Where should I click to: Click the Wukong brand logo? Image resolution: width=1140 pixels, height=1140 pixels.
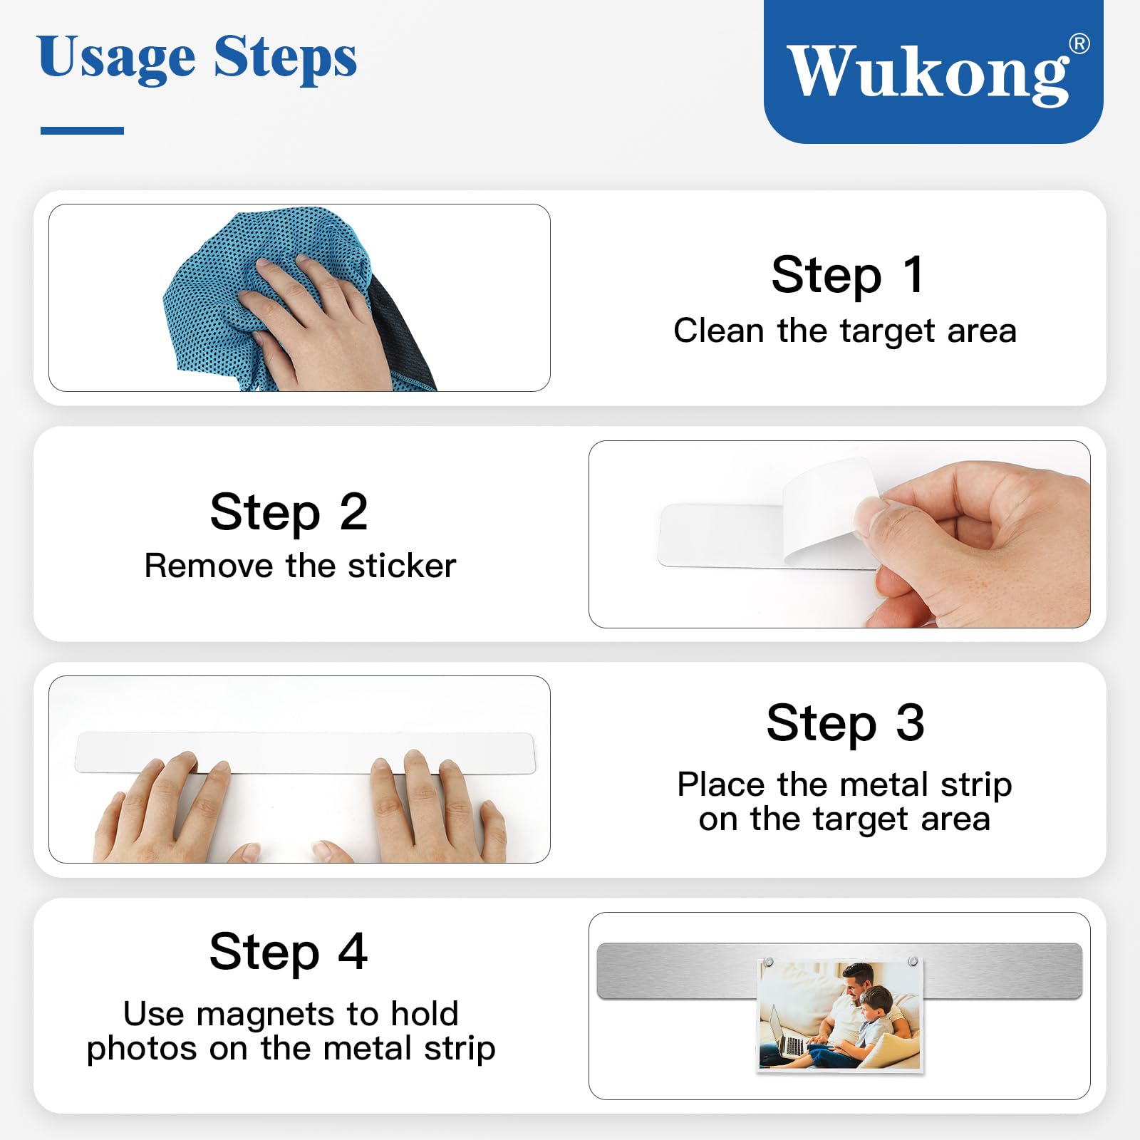point(933,71)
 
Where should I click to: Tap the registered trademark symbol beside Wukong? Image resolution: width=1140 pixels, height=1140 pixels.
point(1079,44)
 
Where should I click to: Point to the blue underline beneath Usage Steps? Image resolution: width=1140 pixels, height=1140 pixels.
point(82,130)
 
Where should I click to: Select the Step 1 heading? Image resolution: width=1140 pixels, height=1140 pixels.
point(847,275)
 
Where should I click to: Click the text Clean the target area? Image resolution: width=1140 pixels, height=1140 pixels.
point(845,331)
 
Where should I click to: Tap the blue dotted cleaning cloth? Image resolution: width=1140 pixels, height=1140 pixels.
point(285,299)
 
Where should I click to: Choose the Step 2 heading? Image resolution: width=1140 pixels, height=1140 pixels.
point(289,512)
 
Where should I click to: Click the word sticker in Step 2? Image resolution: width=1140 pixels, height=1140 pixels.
point(402,566)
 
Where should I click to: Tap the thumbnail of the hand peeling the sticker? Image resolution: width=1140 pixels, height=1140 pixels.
point(839,534)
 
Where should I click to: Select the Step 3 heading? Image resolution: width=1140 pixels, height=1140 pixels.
point(846,723)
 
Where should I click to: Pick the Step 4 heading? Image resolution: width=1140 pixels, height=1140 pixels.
point(289,952)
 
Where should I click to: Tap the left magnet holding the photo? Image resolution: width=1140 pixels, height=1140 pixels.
point(768,963)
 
